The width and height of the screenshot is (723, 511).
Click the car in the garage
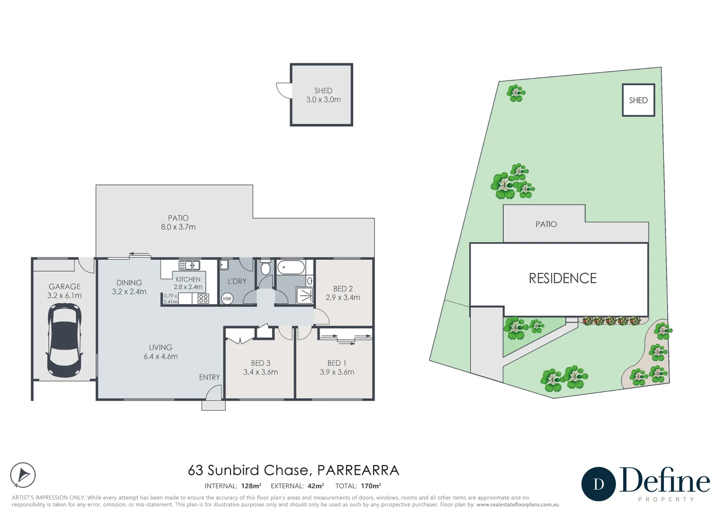click(64, 340)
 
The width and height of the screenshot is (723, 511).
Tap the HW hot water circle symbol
click(227, 299)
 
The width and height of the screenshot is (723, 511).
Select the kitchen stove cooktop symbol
click(203, 298)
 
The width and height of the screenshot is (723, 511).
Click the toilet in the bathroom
click(265, 268)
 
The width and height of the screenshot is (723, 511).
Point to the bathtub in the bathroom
click(291, 267)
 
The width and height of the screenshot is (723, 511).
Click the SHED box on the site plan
click(638, 100)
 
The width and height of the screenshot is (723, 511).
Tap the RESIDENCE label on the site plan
click(562, 278)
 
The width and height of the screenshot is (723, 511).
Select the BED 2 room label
click(343, 289)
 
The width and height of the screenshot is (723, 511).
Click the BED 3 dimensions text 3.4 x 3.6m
click(260, 372)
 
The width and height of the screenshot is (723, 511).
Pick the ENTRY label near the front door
click(209, 377)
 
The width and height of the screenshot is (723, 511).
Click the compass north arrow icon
click(23, 475)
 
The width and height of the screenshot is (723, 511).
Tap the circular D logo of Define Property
click(598, 484)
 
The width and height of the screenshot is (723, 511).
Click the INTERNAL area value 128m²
click(251, 486)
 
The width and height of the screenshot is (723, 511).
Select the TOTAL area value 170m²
click(371, 486)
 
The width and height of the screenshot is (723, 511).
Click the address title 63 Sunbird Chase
click(249, 470)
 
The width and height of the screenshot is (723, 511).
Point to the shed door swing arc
click(283, 90)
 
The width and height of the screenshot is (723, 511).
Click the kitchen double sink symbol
click(189, 265)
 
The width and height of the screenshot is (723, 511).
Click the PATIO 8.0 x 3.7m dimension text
click(178, 227)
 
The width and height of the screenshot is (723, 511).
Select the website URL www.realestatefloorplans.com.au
click(518, 505)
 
